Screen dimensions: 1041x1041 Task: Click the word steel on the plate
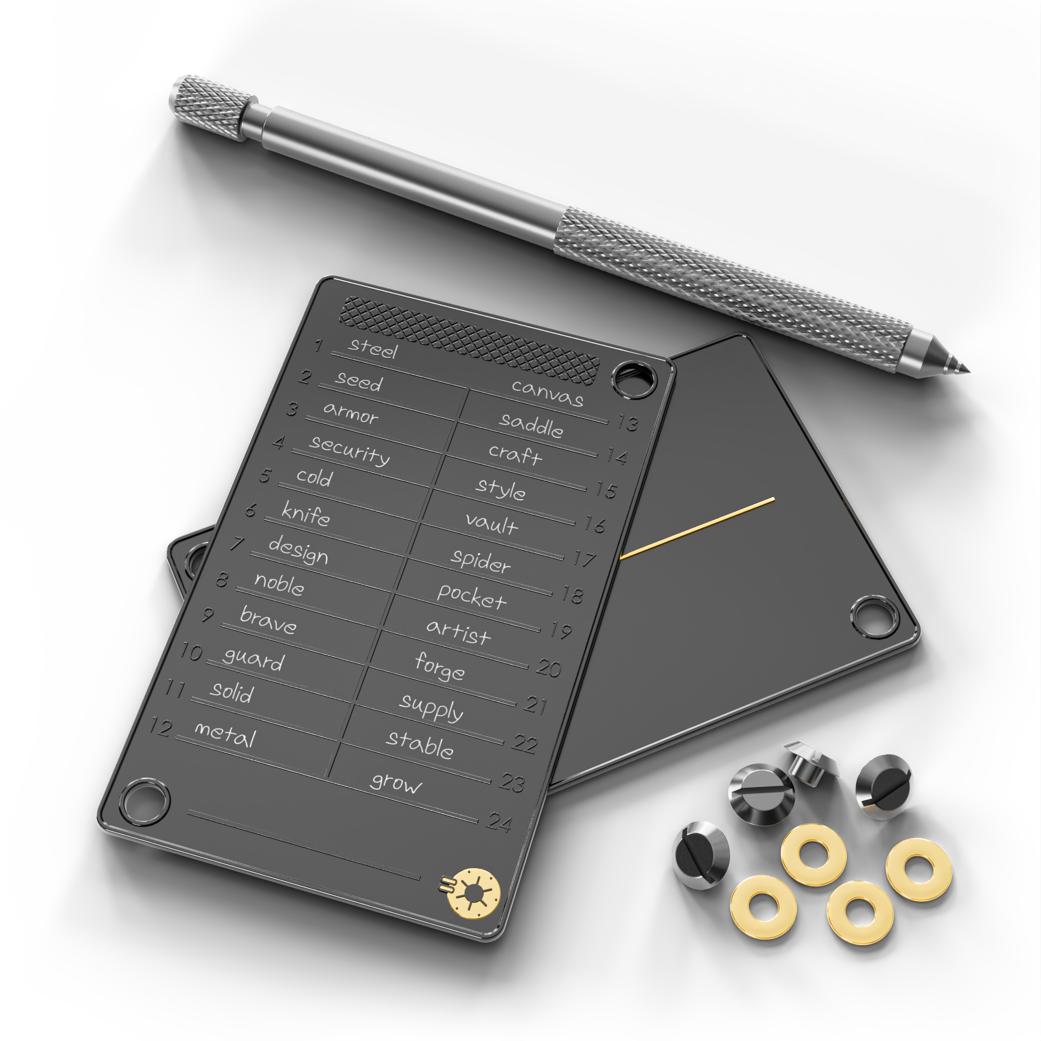(x=373, y=349)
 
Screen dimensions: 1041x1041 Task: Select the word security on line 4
(x=350, y=450)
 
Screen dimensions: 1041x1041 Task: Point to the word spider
(x=480, y=562)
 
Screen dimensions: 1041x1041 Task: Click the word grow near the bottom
(x=396, y=783)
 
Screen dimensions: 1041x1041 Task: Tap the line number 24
(x=500, y=822)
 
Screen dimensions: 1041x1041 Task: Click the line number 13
(x=628, y=423)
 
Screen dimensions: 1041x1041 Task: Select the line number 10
(x=191, y=652)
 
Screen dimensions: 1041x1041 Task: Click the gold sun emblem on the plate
(x=473, y=893)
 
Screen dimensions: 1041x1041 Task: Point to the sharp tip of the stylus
(x=968, y=370)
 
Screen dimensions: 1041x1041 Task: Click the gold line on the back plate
(x=698, y=528)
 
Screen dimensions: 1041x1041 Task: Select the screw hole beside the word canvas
(x=634, y=379)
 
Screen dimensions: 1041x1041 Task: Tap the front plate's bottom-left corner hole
(x=144, y=802)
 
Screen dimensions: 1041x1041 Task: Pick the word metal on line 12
(x=225, y=734)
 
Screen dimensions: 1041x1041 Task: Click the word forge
(x=439, y=667)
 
